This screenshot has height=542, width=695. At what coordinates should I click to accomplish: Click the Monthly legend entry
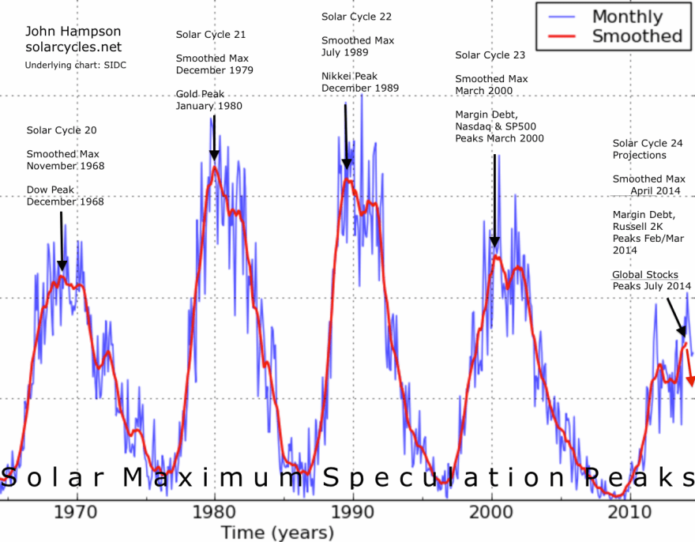click(627, 17)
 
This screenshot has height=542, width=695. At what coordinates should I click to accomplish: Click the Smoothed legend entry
click(637, 36)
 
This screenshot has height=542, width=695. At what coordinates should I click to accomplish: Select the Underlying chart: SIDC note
click(76, 65)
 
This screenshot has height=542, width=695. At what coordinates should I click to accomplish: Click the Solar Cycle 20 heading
click(62, 130)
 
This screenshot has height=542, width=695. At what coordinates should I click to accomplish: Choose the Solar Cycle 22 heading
click(356, 16)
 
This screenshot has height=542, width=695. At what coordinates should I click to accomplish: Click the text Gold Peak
click(200, 94)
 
